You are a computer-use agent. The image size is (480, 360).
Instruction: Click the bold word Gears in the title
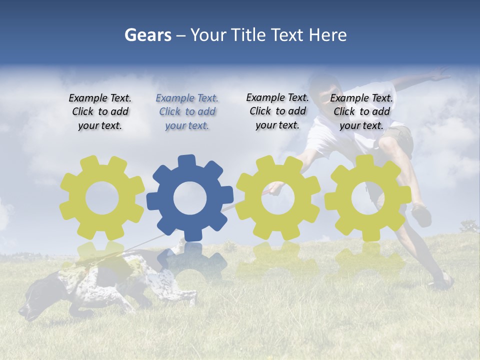click(147, 35)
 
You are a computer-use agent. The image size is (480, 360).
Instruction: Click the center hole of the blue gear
click(190, 198)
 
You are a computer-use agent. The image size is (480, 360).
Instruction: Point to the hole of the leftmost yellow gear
click(102, 198)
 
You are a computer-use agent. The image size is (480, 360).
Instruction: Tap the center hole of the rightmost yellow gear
click(367, 198)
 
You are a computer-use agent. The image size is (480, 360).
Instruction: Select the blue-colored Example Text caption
click(187, 112)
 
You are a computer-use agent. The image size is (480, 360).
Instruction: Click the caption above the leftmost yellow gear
click(100, 112)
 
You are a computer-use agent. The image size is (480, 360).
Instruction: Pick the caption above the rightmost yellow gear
click(361, 112)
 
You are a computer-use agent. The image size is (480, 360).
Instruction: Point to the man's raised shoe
click(421, 215)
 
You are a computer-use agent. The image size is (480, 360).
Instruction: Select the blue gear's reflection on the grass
click(192, 260)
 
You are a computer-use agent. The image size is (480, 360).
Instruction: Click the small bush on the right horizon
click(469, 226)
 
